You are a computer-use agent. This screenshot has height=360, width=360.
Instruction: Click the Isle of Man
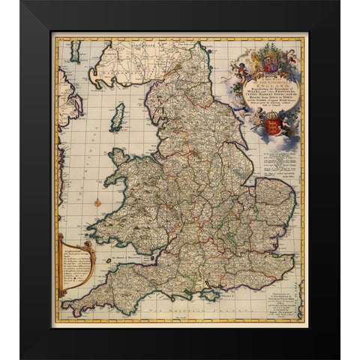click(117, 117)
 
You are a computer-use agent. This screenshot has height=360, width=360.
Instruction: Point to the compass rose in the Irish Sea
click(98, 202)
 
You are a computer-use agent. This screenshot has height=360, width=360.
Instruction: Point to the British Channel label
click(180, 309)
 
